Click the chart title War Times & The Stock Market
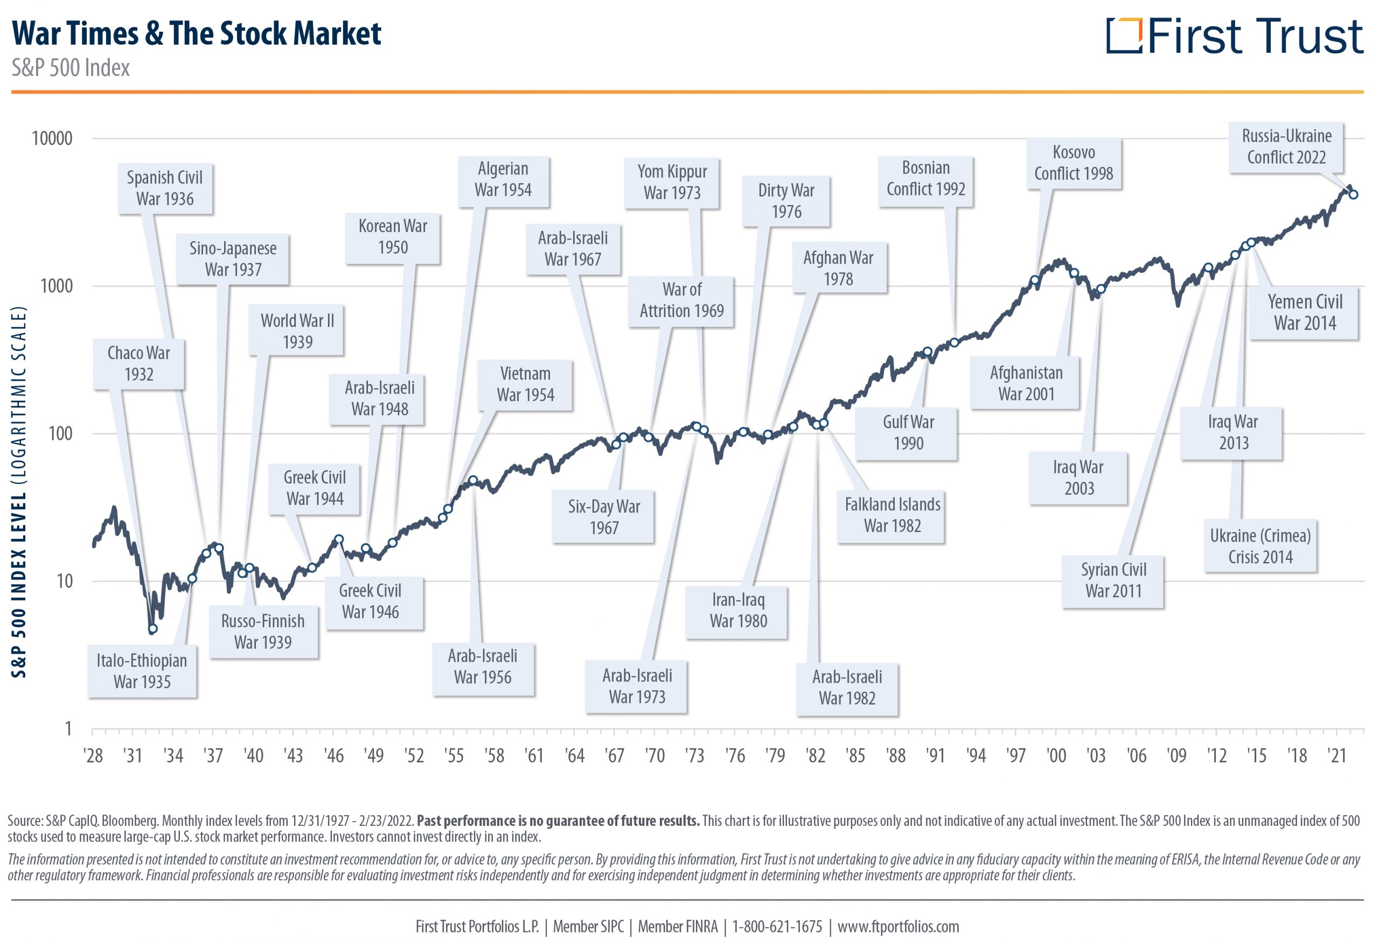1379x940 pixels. click(x=197, y=33)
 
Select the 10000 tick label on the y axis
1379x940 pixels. click(x=52, y=138)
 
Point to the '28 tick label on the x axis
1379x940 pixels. click(x=93, y=755)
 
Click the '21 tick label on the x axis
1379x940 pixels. click(x=1337, y=755)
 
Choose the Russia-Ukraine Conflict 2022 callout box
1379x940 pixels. click(x=1286, y=147)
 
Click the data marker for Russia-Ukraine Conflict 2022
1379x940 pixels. click(x=1354, y=194)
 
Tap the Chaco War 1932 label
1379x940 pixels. click(x=139, y=363)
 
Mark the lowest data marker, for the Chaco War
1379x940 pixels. click(x=152, y=629)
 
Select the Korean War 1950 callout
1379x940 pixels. click(x=393, y=237)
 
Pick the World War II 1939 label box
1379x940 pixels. click(x=297, y=331)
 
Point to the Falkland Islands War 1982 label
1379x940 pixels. click(x=892, y=515)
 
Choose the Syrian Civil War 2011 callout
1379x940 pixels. click(x=1113, y=580)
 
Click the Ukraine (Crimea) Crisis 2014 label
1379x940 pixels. click(x=1260, y=546)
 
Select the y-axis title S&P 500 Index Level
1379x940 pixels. click(x=19, y=492)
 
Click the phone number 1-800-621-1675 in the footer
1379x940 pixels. click(x=777, y=927)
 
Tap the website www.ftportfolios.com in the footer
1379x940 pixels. click(x=898, y=927)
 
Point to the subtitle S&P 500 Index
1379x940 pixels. click(x=71, y=68)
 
